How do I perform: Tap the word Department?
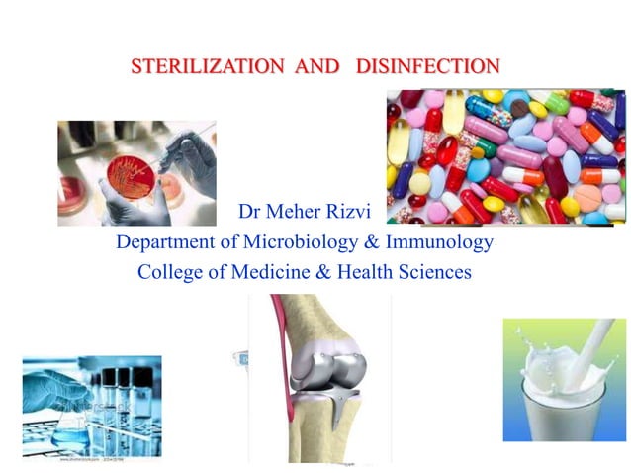tap(168, 241)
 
